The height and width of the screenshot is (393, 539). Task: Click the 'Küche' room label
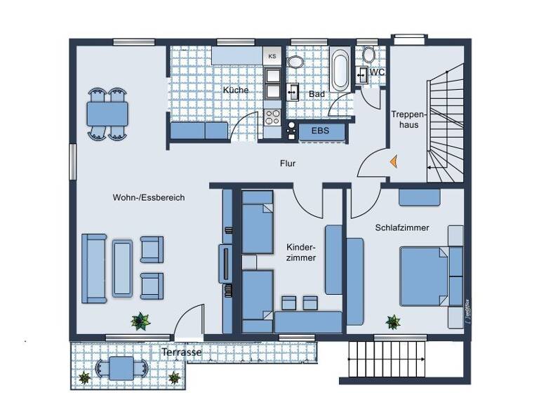click(x=236, y=91)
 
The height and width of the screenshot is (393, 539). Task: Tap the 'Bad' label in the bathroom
click(x=317, y=93)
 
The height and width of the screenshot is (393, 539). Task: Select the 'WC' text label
click(x=377, y=72)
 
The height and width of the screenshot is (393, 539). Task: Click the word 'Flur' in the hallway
click(x=288, y=164)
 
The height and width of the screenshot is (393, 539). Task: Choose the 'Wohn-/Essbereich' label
click(x=149, y=198)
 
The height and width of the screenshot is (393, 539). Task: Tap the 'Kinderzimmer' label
click(x=301, y=253)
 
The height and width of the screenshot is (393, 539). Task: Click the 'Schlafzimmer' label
click(x=401, y=228)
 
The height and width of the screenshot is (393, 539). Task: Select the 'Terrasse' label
click(x=182, y=352)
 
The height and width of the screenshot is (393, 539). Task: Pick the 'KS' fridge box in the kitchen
click(x=272, y=55)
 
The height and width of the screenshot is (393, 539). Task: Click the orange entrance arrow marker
click(x=394, y=161)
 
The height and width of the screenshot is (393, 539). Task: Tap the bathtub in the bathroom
click(x=340, y=69)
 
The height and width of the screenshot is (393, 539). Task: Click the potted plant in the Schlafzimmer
click(x=393, y=322)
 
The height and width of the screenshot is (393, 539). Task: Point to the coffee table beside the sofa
click(x=122, y=267)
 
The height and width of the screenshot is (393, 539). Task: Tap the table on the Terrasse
click(x=121, y=368)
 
